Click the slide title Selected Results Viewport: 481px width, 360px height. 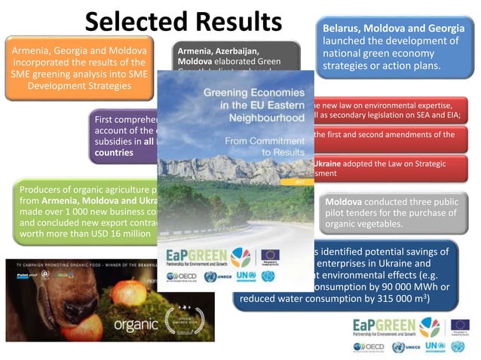[x=183, y=21]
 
